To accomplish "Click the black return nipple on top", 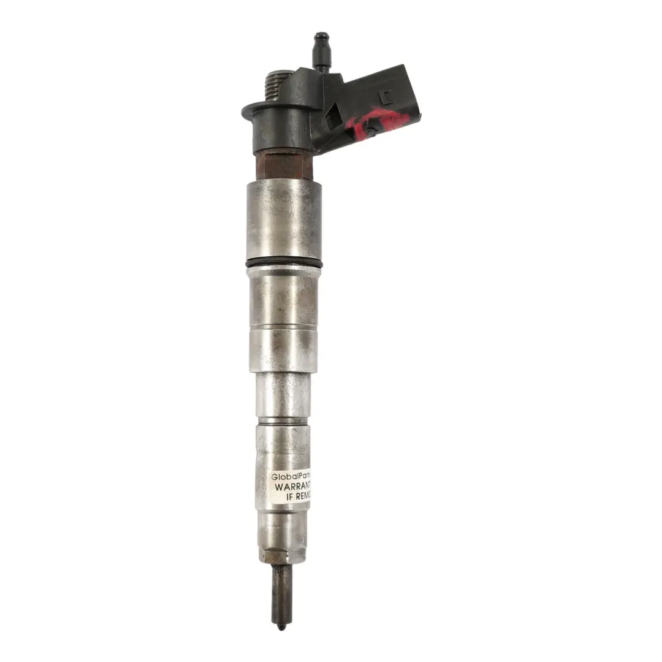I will coord(319,46).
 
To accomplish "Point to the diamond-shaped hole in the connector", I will coord(332,115).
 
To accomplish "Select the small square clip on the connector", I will coord(384,96).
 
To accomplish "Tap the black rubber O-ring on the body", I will coord(284,263).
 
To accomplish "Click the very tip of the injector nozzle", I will coord(280,627).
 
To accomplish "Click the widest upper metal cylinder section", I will coord(284,221).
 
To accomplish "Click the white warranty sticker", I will coord(291,487).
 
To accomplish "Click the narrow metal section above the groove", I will coord(283,396).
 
